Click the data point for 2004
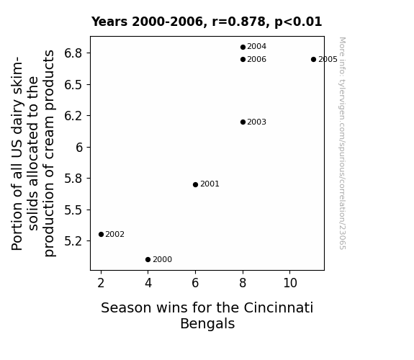[243, 47]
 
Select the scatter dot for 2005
[313, 60]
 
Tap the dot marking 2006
[243, 60]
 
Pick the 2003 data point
[243, 122]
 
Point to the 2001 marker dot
[195, 184]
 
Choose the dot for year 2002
[101, 234]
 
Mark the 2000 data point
[148, 260]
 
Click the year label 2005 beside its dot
[328, 60]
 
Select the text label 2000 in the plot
[163, 260]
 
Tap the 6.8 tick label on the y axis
[73, 53]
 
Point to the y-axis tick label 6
[79, 148]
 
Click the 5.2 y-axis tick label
[73, 241]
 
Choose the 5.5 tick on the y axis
[73, 210]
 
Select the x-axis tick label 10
[290, 283]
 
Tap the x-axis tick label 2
[101, 283]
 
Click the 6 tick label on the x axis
[195, 283]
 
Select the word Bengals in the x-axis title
[207, 323]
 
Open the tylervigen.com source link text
[342, 143]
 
